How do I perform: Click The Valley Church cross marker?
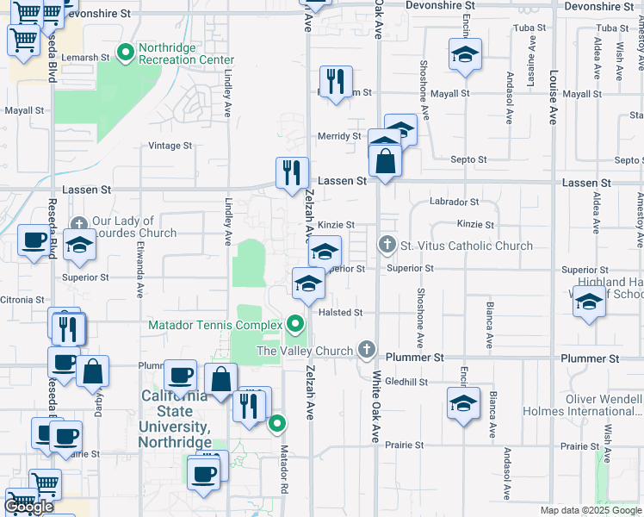[368, 350]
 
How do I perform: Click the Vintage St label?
[170, 146]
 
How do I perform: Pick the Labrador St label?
[456, 202]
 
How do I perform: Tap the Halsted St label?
[341, 313]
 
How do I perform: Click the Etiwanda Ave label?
[139, 267]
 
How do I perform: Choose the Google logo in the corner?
[28, 507]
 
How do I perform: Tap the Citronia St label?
[23, 299]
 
